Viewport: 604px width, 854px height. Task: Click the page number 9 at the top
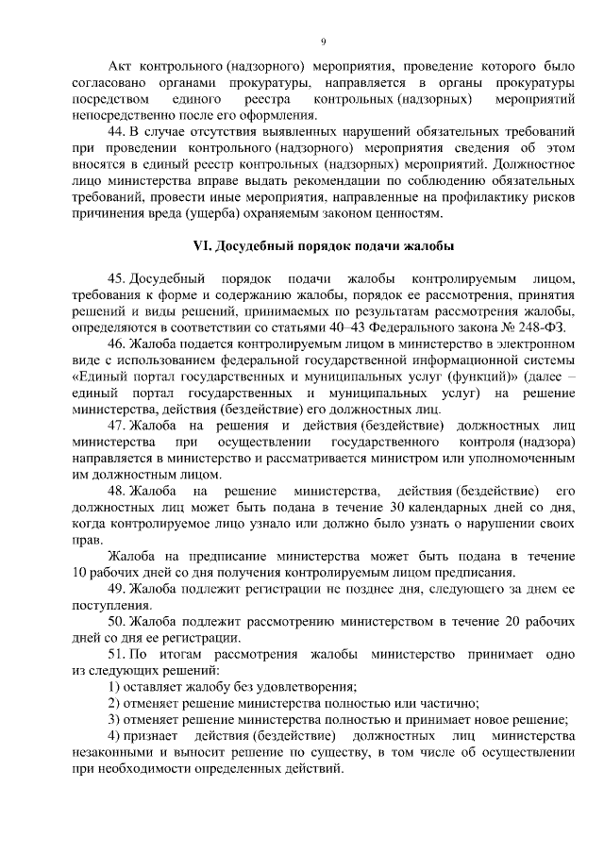coord(323,42)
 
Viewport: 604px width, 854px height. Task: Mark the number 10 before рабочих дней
coord(79,573)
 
